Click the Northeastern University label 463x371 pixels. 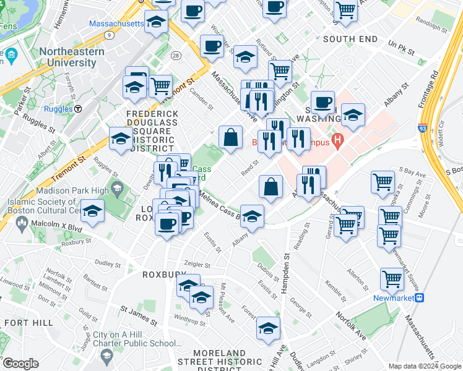click(71, 58)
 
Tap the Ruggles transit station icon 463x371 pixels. click(79, 109)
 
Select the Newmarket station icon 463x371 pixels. click(420, 297)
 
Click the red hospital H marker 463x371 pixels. click(337, 141)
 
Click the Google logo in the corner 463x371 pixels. click(20, 363)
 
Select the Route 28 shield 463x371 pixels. click(177, 56)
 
